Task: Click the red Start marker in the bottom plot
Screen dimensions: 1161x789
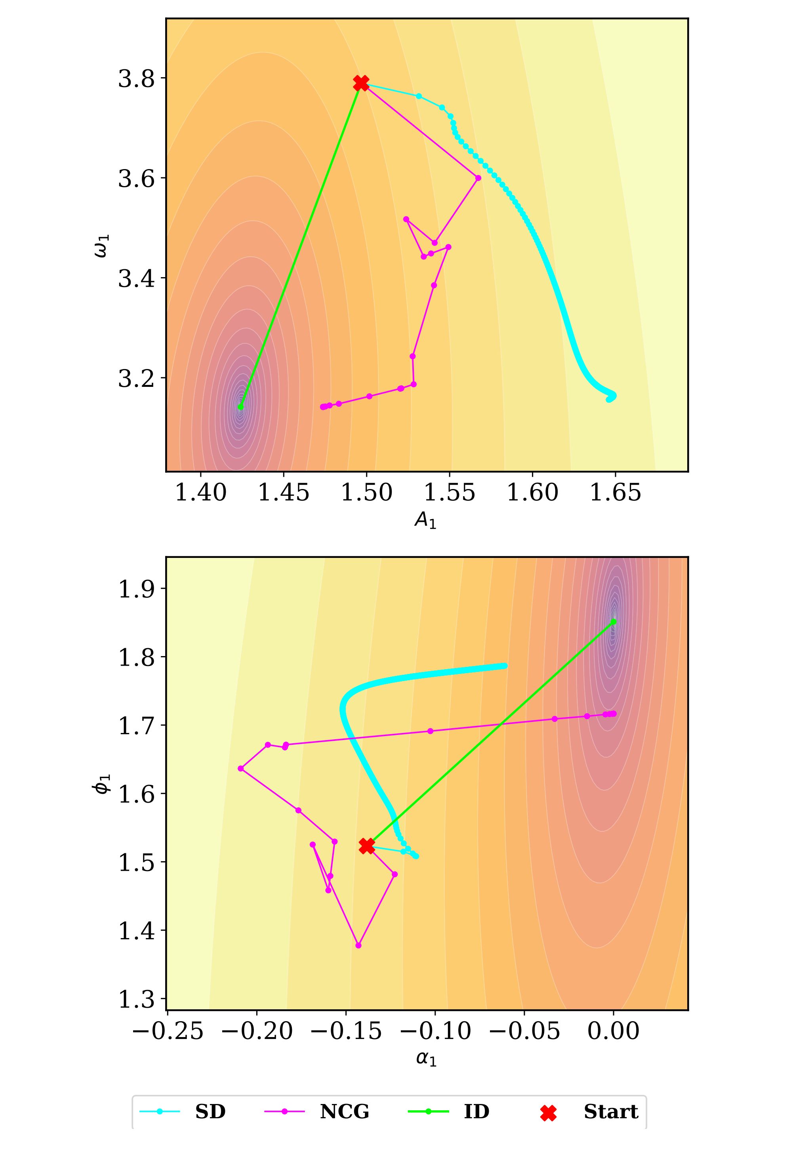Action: pyautogui.click(x=367, y=845)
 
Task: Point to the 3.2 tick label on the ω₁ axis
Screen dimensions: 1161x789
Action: pyautogui.click(x=135, y=378)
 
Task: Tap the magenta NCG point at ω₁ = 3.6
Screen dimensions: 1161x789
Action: pyautogui.click(x=478, y=178)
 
